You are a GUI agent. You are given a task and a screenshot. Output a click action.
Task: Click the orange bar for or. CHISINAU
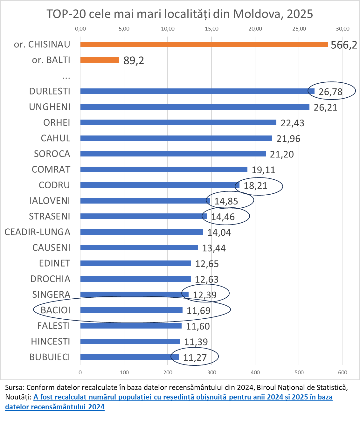(204, 44)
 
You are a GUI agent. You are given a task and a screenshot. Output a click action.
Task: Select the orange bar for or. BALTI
(100, 60)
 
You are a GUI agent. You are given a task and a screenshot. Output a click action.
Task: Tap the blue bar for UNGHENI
(195, 107)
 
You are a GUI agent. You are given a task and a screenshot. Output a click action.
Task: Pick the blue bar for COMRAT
(164, 170)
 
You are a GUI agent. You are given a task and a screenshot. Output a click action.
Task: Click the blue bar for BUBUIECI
(129, 357)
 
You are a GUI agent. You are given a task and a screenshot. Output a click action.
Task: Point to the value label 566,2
(344, 45)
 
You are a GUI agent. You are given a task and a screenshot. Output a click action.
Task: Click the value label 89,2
(134, 60)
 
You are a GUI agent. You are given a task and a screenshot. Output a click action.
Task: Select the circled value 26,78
(330, 92)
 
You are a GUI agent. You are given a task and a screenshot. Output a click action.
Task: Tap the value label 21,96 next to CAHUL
(288, 139)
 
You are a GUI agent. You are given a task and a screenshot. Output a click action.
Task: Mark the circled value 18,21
(256, 185)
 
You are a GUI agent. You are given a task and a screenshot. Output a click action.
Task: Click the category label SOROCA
(52, 154)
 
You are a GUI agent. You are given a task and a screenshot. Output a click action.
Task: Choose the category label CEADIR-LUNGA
(38, 232)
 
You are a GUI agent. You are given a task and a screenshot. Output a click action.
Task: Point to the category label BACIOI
(56, 310)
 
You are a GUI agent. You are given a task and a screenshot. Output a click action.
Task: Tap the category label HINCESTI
(51, 342)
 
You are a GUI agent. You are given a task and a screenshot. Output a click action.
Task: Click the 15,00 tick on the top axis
(211, 29)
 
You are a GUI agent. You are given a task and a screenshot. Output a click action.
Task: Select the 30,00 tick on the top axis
(343, 29)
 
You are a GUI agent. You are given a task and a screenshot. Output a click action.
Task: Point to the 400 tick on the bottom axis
(255, 372)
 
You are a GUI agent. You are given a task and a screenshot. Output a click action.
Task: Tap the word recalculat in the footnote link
(70, 397)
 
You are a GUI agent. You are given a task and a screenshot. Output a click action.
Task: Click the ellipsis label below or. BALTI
(66, 76)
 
